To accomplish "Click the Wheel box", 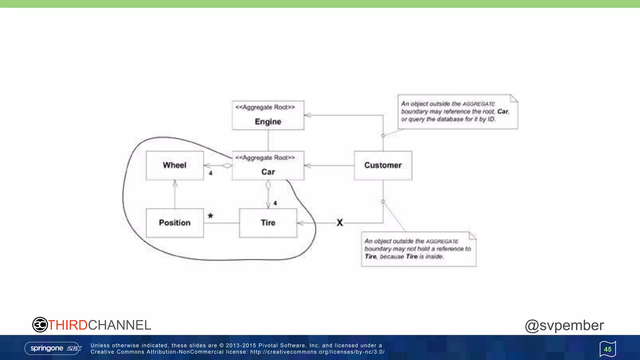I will (175, 166).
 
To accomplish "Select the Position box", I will (175, 223).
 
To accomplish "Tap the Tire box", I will (268, 223).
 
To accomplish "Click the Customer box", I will (383, 166).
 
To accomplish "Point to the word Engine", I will (268, 122).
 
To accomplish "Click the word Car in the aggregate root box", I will (268, 172).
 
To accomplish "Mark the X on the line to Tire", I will (340, 223).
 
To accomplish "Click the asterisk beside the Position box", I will (210, 216).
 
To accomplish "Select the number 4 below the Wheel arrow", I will (211, 173).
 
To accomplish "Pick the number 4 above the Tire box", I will (275, 203).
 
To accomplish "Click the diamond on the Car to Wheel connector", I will (227, 166).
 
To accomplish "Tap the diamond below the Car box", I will (268, 185).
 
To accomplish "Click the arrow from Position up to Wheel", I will (175, 194).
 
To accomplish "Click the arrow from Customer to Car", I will (328, 166).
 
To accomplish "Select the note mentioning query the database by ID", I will (458, 112).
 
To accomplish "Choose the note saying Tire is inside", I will (419, 249).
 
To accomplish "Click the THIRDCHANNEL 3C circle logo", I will (40, 325).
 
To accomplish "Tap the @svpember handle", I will (564, 325).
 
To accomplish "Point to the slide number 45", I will (607, 349).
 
